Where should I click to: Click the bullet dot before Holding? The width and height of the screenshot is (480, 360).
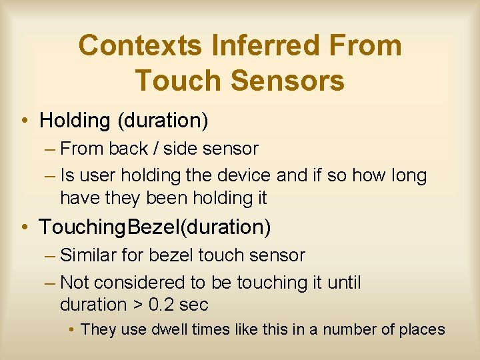[23, 121]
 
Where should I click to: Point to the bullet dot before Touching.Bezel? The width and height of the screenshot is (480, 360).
[23, 228]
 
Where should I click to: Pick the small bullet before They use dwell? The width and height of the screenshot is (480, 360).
[73, 330]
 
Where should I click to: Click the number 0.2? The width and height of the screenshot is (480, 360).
[159, 305]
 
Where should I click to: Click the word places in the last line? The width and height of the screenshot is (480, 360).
[421, 329]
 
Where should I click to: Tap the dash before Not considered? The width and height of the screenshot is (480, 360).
[50, 283]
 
